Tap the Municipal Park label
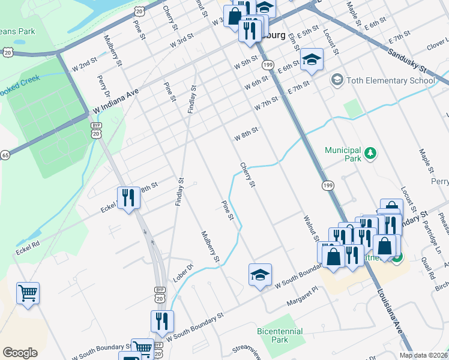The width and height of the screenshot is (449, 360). [343, 154]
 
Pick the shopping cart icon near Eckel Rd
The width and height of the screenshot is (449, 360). [28, 293]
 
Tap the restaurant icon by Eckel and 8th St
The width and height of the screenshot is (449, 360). [128, 197]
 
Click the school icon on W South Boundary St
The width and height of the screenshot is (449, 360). [260, 275]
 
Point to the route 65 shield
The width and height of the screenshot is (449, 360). [5, 155]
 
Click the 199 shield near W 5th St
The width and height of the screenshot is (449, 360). [268, 65]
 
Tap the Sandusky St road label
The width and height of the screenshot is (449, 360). [406, 61]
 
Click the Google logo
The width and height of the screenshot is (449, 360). [20, 353]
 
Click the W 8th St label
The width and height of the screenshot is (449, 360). [246, 133]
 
